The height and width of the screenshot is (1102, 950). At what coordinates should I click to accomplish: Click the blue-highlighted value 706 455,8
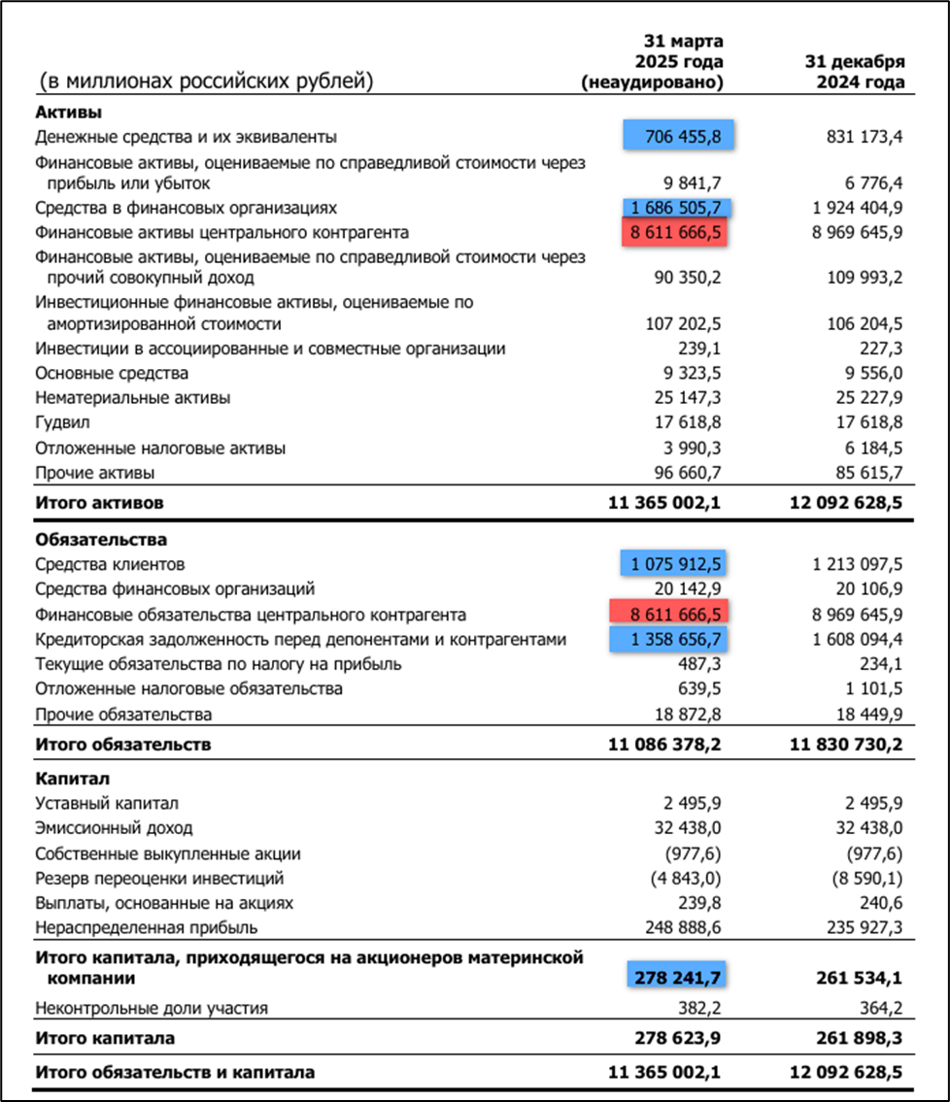(x=679, y=137)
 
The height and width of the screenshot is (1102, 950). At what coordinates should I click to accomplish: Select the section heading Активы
(x=69, y=112)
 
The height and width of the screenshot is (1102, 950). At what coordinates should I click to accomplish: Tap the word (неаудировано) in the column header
(x=653, y=83)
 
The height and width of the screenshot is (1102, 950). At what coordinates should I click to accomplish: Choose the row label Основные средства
(x=112, y=373)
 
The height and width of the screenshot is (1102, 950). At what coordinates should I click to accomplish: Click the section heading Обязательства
(x=101, y=539)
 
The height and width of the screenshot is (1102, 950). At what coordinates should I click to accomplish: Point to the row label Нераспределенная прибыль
(x=148, y=927)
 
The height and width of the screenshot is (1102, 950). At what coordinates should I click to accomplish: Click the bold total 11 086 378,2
(x=664, y=745)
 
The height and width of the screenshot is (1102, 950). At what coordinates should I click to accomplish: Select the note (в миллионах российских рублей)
(x=206, y=82)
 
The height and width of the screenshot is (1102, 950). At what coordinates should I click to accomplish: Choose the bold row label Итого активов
(x=100, y=503)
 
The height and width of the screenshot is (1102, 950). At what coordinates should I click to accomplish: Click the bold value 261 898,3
(x=856, y=1038)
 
